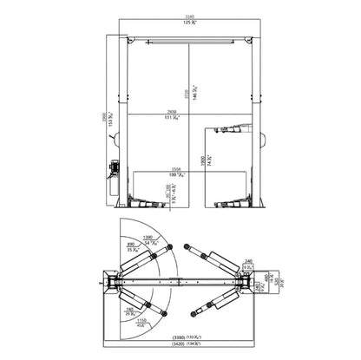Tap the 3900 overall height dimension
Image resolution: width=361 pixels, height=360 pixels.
click(x=101, y=121)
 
